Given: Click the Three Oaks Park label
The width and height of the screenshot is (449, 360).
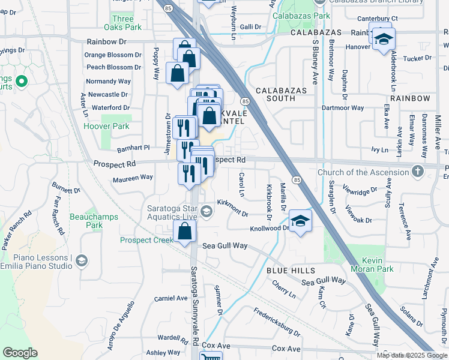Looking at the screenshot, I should tap(122, 23).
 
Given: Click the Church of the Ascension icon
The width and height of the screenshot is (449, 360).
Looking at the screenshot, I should tap(418, 172).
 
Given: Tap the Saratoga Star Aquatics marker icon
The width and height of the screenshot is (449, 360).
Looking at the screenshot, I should tap(206, 211).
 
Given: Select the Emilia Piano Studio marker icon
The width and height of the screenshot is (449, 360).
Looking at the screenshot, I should tap(82, 260).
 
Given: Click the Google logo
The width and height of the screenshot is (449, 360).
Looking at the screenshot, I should tap(20, 353).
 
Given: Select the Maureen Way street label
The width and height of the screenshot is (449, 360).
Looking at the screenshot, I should tap(133, 178).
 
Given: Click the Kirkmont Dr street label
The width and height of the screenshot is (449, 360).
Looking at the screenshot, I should tap(232, 208).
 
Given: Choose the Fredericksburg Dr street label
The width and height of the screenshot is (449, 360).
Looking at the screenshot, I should tap(276, 322).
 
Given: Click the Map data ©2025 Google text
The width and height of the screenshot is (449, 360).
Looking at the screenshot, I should tap(412, 355).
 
